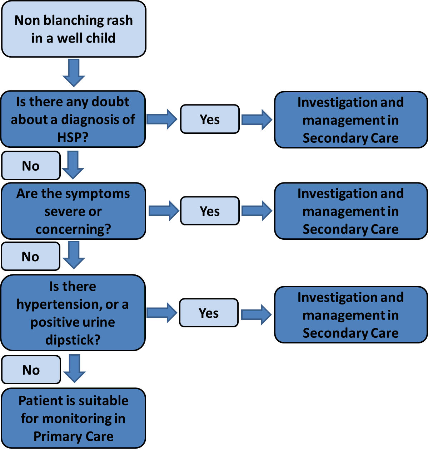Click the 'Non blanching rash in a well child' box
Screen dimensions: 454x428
74,29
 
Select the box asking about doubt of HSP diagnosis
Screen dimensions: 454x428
73,119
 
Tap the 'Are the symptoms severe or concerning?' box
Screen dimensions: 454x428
73,211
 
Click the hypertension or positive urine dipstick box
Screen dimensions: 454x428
73,313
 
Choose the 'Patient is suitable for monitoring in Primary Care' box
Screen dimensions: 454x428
73,418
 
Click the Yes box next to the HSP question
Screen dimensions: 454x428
210,119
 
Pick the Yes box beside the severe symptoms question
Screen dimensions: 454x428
210,211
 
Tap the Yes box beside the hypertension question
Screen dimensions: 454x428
209,313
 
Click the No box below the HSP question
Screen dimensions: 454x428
31,166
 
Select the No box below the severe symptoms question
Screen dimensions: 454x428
30,257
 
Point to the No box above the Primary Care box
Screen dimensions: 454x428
31,370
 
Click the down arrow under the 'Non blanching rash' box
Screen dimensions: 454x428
74,73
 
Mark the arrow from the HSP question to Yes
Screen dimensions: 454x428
162,119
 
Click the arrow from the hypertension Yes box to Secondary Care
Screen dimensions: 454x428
257,314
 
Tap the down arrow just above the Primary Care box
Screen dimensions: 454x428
74,368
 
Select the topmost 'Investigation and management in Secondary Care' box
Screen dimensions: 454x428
350,120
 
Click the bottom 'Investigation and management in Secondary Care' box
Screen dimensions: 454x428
350,315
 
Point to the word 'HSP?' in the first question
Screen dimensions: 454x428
73,137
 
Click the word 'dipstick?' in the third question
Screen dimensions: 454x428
73,340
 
